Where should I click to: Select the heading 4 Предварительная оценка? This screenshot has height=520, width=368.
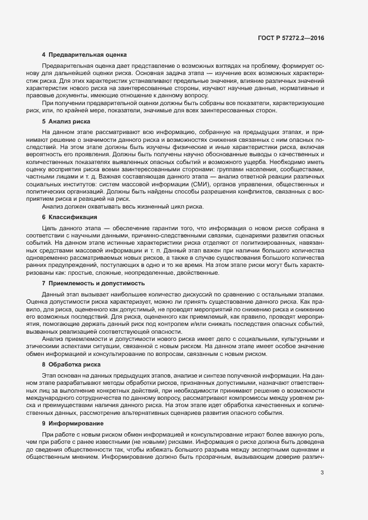pyautogui.click(x=85, y=55)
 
